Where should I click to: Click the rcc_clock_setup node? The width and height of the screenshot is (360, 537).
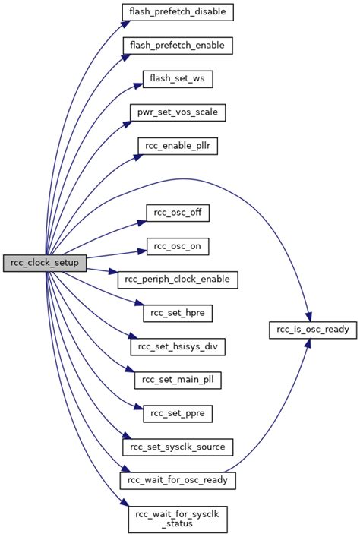coord(45,263)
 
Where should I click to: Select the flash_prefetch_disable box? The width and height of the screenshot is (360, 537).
coord(178,11)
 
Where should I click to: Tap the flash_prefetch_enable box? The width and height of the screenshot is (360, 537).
coord(178,46)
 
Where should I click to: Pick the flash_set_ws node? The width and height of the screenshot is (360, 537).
coord(178,79)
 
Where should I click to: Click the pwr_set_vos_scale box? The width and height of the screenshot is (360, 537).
coord(178,112)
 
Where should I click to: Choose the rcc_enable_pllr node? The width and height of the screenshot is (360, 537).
coord(178,146)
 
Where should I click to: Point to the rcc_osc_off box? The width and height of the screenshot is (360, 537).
coord(178,213)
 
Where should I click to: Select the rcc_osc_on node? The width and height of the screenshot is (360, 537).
coord(178,246)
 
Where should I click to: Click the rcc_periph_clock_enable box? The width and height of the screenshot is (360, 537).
coord(178,280)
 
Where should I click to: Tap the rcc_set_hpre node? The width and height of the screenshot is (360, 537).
coord(178,313)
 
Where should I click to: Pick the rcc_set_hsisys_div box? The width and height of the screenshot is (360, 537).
coord(178,346)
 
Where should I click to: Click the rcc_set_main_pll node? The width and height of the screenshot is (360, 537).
coord(178,380)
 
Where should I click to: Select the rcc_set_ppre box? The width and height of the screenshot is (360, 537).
coord(178,413)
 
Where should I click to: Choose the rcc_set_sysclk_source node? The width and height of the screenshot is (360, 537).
coord(178,447)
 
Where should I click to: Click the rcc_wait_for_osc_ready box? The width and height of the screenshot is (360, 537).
coord(178,480)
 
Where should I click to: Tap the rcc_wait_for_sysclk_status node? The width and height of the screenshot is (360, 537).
coord(178,518)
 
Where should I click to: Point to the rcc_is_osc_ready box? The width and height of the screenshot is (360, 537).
coord(313,330)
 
